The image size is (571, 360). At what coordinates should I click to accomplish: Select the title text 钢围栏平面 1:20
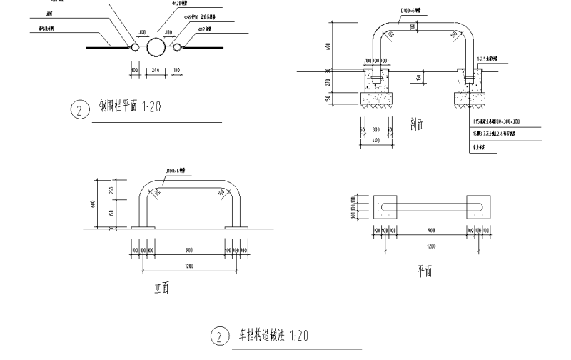point(130,106)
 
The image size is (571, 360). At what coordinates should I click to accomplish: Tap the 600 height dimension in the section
point(328,46)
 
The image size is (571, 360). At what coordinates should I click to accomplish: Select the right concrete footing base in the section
point(468,97)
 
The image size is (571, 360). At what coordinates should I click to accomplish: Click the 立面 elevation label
point(162,289)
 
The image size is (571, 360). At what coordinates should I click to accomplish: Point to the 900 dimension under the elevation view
point(188,250)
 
